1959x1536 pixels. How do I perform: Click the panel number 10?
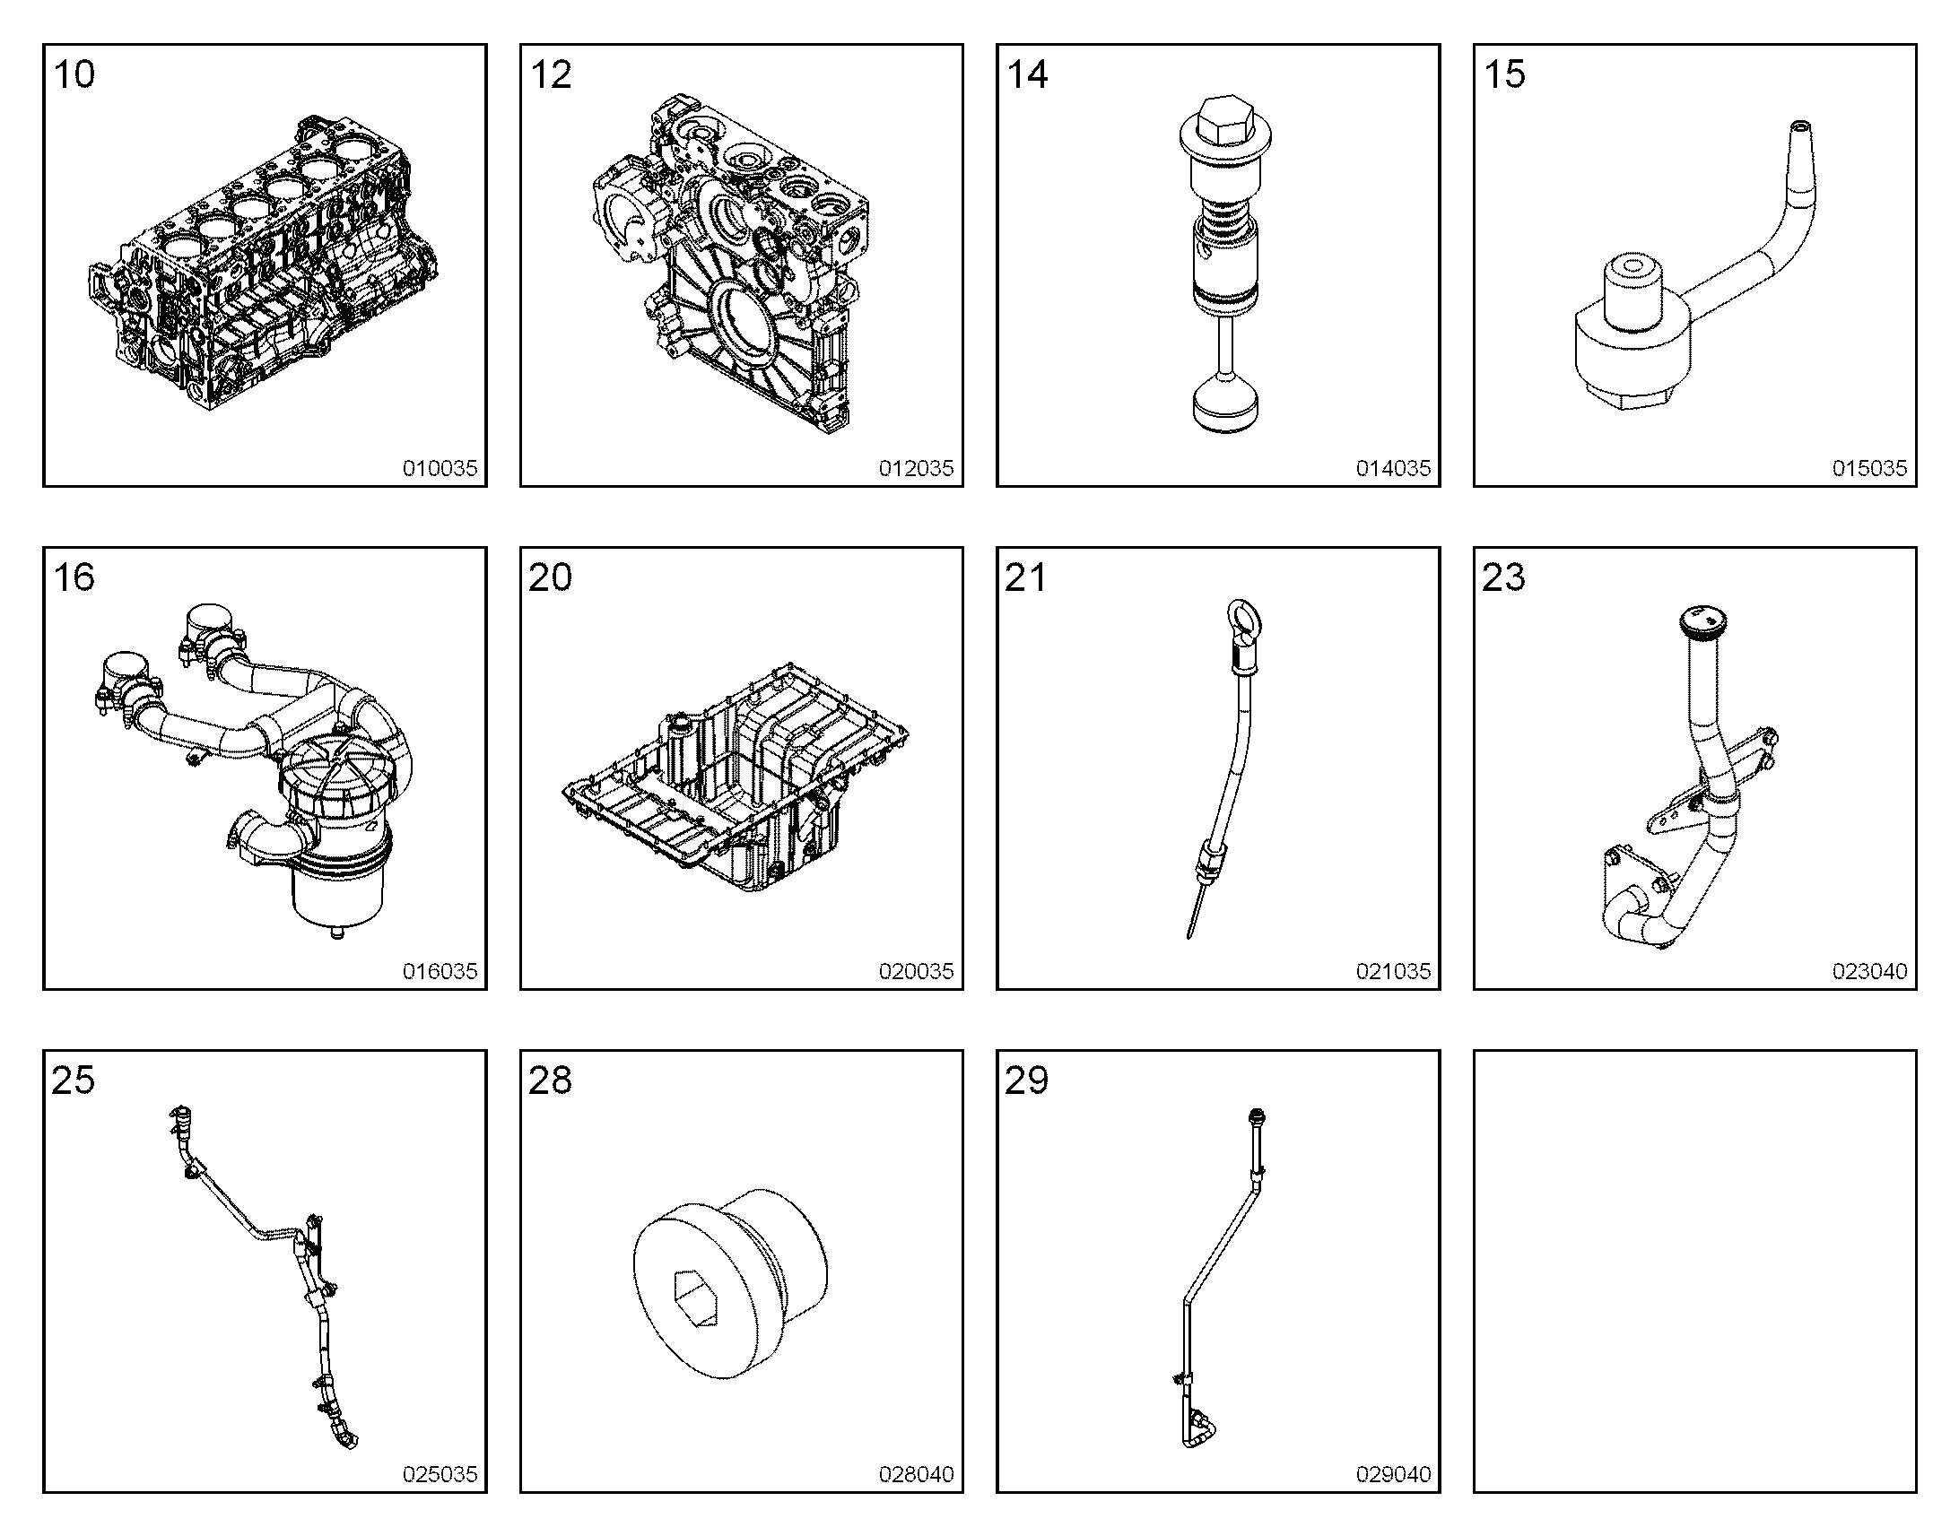pyautogui.click(x=74, y=74)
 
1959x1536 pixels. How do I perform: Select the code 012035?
pyautogui.click(x=916, y=469)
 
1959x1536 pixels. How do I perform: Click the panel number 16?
pyautogui.click(x=74, y=577)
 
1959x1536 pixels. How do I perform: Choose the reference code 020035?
pyautogui.click(x=916, y=971)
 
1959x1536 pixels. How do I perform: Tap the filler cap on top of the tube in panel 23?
pyautogui.click(x=1701, y=621)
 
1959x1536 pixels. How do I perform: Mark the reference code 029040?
pyautogui.click(x=1392, y=1474)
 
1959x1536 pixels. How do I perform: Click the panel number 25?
pyautogui.click(x=73, y=1080)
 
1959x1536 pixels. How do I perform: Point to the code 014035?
pyautogui.click(x=1392, y=469)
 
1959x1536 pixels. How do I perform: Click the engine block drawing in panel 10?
pyautogui.click(x=263, y=263)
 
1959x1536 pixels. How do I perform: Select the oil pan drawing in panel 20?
pyautogui.click(x=736, y=778)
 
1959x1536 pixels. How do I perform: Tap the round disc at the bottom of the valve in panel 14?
pyautogui.click(x=1225, y=406)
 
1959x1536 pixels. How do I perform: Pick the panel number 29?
pyautogui.click(x=1026, y=1080)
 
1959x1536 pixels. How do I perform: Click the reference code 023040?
pyautogui.click(x=1869, y=971)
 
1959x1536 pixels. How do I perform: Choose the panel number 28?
pyautogui.click(x=550, y=1080)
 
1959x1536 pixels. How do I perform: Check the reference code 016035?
pyautogui.click(x=439, y=971)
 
